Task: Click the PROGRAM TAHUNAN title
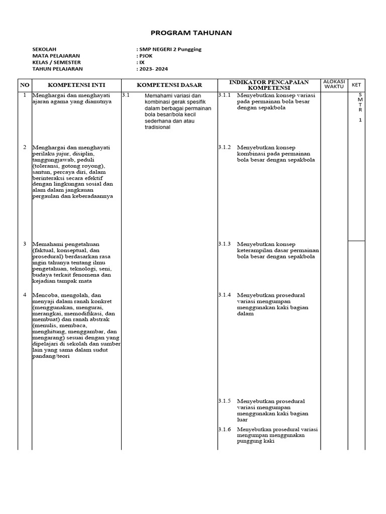pos(193,32)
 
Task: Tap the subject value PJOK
pos(145,56)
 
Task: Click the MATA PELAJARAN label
pos(56,56)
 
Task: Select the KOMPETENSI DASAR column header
pos(169,85)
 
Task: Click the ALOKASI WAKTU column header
pos(333,84)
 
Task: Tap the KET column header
pos(356,85)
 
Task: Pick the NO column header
pos(24,85)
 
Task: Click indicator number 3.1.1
pos(224,95)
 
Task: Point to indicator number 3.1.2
pos(224,147)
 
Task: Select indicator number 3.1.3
pos(224,243)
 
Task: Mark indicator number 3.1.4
pos(224,295)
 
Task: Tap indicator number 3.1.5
pos(224,401)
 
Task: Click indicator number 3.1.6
pos(224,430)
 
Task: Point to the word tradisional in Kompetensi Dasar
pos(157,127)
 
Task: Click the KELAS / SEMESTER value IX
pos(141,62)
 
